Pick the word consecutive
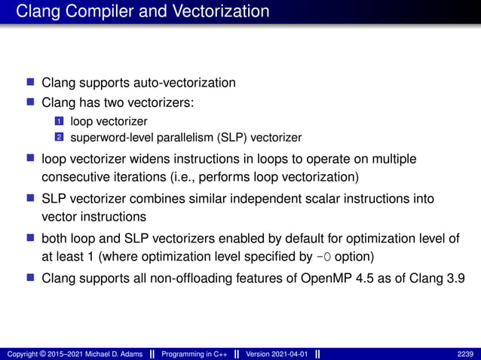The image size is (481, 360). pos(76,177)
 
